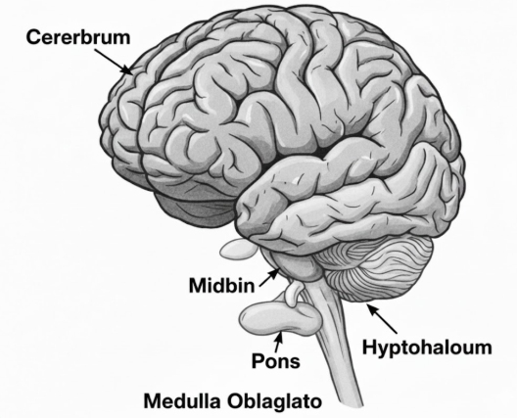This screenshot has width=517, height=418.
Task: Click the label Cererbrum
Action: (x=78, y=37)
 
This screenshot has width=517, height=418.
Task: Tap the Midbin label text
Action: (x=221, y=286)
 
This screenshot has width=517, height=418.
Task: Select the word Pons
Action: (x=276, y=360)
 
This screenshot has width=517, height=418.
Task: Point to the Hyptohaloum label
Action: (x=427, y=348)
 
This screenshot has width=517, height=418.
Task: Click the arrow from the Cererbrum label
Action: (x=114, y=62)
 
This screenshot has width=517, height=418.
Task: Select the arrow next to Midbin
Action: (x=269, y=278)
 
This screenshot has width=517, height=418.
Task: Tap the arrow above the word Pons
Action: (x=278, y=342)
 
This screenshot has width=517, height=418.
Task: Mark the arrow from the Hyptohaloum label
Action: (x=382, y=318)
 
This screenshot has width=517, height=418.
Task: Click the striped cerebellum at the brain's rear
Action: (x=376, y=268)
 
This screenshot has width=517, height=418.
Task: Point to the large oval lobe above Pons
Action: (x=280, y=318)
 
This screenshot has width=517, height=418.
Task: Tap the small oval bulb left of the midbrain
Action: (x=238, y=249)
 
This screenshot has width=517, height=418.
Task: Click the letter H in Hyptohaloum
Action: (x=369, y=347)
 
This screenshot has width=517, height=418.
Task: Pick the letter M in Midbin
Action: (x=198, y=286)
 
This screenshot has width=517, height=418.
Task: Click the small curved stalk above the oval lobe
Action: (x=294, y=293)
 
